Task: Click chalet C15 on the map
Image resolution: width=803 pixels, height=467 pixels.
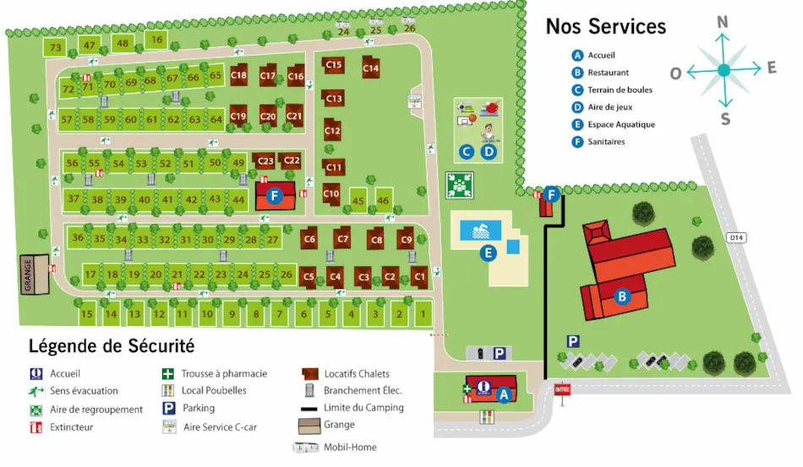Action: [x=333, y=65]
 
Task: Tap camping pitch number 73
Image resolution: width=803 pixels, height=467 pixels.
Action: [x=56, y=48]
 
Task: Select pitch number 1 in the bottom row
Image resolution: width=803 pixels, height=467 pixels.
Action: [x=423, y=315]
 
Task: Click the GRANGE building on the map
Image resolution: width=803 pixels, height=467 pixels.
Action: [x=34, y=275]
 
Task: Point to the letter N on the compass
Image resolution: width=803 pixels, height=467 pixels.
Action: [x=723, y=23]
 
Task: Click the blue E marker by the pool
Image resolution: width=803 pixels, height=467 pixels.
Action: [x=488, y=252]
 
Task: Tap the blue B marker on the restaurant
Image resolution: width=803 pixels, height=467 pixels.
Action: [x=622, y=296]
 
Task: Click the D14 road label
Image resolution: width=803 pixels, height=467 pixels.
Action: [x=736, y=238]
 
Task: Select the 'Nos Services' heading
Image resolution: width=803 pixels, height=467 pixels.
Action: [x=605, y=27]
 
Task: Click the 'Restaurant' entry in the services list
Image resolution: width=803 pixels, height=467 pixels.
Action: [x=608, y=73]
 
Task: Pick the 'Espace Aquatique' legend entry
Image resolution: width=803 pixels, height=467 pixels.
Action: [x=620, y=124]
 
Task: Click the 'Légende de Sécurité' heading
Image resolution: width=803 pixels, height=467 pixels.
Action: [x=112, y=346]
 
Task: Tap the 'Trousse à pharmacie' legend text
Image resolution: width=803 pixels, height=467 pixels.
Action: [x=225, y=373]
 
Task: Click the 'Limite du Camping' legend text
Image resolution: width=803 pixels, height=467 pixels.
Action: [x=363, y=408]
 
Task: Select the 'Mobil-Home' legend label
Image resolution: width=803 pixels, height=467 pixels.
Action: [x=349, y=447]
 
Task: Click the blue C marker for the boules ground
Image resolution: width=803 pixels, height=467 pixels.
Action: [x=466, y=152]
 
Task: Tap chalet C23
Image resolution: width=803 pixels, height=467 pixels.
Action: [x=265, y=160]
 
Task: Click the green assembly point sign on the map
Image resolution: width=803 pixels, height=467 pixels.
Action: [x=459, y=183]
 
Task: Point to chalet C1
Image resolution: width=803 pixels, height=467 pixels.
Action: [x=420, y=276]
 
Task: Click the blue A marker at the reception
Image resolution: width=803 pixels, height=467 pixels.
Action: [x=504, y=394]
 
